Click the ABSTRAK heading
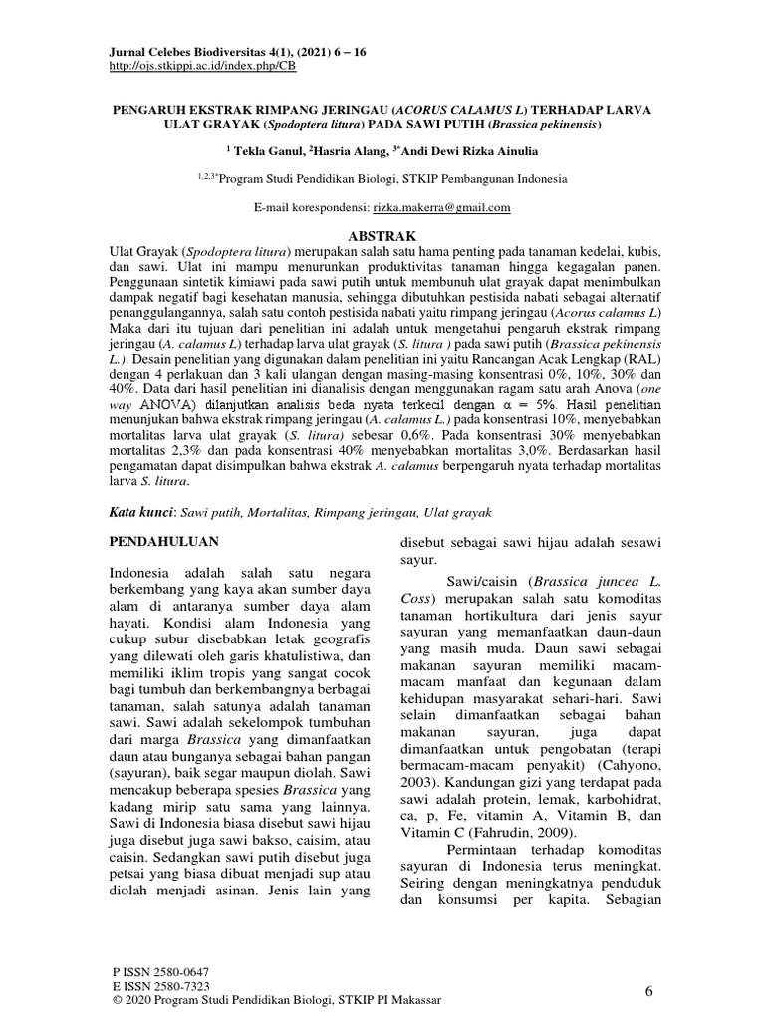pyautogui.click(x=383, y=228)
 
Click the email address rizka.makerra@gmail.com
pyautogui.click(x=441, y=208)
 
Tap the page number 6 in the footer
pyautogui.click(x=648, y=990)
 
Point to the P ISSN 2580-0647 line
pyautogui.click(x=163, y=971)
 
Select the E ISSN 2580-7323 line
pyautogui.click(x=163, y=984)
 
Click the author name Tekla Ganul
pyautogui.click(x=264, y=151)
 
